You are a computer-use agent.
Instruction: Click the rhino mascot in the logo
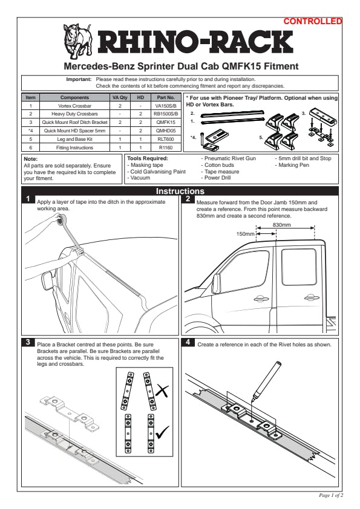point(77,41)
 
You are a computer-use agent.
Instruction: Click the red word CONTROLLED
point(313,21)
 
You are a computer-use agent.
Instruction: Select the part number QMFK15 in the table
point(166,122)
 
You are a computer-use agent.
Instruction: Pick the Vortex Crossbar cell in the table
point(75,106)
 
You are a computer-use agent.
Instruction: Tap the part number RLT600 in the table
point(166,139)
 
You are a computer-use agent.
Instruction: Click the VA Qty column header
point(120,97)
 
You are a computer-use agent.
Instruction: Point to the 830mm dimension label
point(282,225)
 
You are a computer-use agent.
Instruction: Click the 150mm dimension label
point(245,234)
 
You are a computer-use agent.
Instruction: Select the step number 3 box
point(28,342)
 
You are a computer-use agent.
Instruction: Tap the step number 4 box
point(188,342)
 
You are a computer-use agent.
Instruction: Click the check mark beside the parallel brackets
point(162,432)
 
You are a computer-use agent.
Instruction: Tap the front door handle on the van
point(260,298)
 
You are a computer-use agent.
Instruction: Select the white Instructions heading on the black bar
point(180,191)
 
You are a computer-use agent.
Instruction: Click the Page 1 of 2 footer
point(331,495)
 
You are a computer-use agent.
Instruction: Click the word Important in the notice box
point(79,79)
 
